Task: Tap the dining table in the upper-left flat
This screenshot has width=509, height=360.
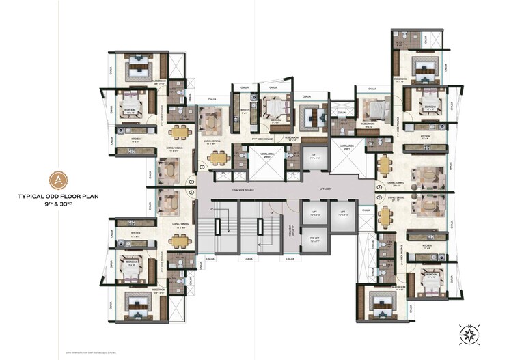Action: coord(180,133)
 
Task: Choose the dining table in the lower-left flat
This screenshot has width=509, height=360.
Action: coord(180,240)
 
